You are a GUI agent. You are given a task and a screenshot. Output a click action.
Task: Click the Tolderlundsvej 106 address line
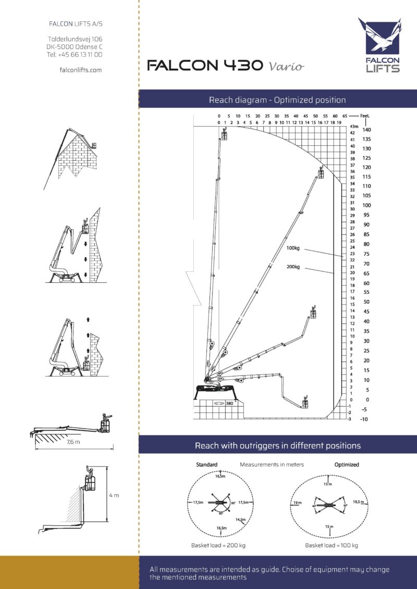(x=75, y=39)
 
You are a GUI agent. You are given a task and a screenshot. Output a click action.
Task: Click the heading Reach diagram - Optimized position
(x=277, y=99)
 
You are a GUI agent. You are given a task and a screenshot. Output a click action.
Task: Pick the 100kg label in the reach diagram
(x=293, y=248)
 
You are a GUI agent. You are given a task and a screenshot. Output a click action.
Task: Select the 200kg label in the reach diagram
(x=293, y=267)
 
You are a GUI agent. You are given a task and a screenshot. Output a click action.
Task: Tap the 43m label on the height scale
(x=354, y=127)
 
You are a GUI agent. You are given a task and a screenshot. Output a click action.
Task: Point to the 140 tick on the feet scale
(x=366, y=130)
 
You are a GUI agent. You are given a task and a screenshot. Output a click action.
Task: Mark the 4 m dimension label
(x=114, y=495)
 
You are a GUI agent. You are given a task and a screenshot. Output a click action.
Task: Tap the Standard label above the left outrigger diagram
(x=206, y=464)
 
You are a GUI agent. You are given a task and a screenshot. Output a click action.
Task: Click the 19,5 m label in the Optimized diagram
(x=358, y=502)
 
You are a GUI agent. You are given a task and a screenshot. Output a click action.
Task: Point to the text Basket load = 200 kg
(x=218, y=545)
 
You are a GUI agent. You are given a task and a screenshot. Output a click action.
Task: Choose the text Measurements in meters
(x=272, y=464)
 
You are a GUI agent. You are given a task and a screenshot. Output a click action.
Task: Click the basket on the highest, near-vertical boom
(x=225, y=135)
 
